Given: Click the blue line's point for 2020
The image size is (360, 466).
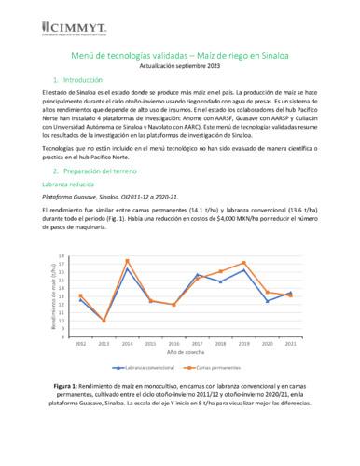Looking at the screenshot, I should pos(268,301).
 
